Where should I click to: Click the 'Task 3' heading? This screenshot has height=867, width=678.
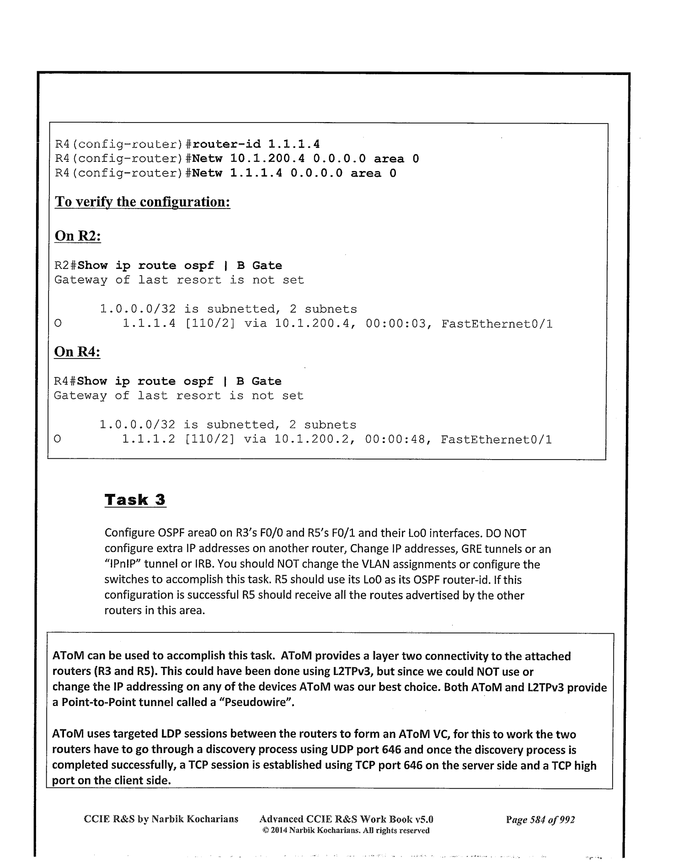135,499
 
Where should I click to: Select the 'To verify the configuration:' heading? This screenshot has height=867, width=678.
142,202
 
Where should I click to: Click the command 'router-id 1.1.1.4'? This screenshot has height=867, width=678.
256,144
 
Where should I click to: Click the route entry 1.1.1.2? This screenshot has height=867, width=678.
149,440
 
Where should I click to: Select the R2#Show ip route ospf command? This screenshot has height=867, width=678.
168,266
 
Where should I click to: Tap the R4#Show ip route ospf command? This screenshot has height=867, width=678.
168,381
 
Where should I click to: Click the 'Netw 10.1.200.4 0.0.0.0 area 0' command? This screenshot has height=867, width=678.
306,159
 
